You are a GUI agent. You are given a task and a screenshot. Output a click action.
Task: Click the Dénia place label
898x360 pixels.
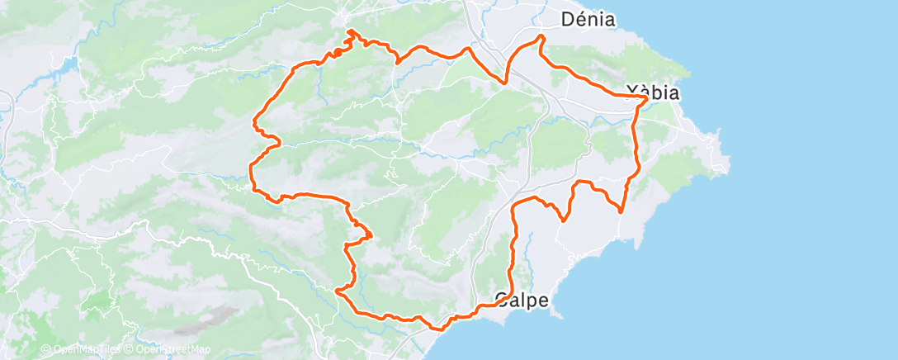(588, 19)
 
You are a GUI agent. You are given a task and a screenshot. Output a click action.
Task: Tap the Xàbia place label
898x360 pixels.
(653, 93)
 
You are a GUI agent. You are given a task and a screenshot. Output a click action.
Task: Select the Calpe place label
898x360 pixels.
(522, 300)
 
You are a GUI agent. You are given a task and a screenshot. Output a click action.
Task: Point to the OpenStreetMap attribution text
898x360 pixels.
(173, 350)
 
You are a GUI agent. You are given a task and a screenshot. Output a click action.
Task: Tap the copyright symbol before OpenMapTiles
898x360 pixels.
(45, 350)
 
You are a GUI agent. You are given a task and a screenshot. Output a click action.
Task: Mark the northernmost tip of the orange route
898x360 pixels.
(350, 31)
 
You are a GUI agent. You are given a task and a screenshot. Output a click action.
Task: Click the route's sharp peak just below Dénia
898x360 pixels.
(541, 36)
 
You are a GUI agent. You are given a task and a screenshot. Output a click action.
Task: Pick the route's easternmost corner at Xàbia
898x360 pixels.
(645, 97)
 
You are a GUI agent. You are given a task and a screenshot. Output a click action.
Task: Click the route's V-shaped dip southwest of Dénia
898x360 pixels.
(504, 83)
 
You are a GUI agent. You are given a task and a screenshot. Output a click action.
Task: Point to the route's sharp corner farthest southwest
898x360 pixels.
(337, 291)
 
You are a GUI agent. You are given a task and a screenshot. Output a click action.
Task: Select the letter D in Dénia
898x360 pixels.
(567, 19)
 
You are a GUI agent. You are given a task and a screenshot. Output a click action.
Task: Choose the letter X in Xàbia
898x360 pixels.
(633, 93)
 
